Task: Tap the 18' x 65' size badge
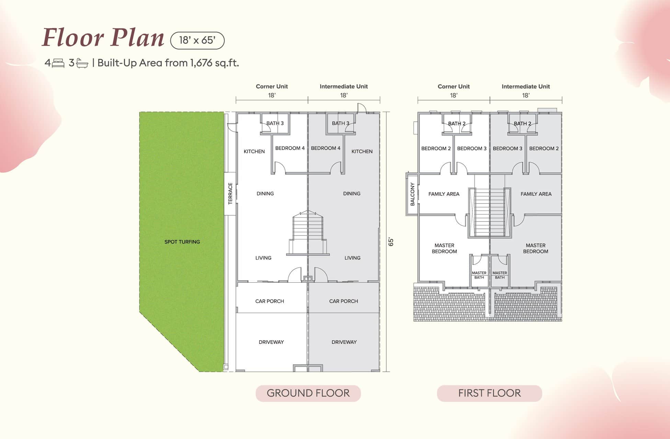[x=197, y=40]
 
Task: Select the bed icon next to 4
[x=58, y=63]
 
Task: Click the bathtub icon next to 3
[x=82, y=63]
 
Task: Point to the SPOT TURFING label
[x=182, y=242]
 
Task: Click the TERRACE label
[x=230, y=193]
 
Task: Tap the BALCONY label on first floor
[x=412, y=194]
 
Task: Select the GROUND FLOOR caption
[x=308, y=393]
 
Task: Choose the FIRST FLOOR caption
[x=489, y=393]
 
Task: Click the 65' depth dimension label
[x=391, y=242]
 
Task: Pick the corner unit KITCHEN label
[x=254, y=151]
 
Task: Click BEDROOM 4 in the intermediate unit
[x=326, y=148]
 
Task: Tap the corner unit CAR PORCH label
[x=270, y=301]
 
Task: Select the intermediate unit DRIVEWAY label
[x=344, y=342]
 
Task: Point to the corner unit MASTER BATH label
[x=479, y=275]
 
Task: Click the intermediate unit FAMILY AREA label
[x=536, y=194]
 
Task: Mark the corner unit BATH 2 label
[x=457, y=123]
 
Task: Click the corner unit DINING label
[x=265, y=193]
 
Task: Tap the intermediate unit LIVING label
[x=352, y=258]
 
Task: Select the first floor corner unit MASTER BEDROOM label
[x=444, y=248]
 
